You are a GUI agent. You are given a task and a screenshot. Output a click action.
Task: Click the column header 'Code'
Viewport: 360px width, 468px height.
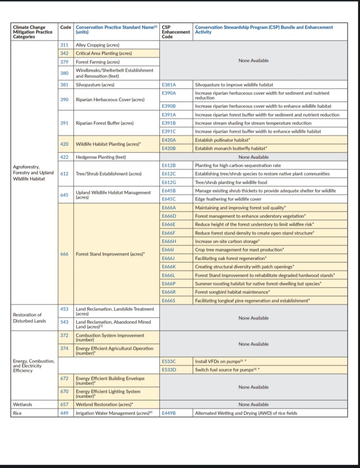(65, 27)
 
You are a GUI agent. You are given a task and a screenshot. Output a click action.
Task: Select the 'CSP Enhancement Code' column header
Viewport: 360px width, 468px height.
(175, 32)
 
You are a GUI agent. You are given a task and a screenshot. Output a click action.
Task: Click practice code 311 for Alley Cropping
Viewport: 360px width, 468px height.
(64, 45)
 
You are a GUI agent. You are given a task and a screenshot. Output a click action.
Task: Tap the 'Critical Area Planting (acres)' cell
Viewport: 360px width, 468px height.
(104, 53)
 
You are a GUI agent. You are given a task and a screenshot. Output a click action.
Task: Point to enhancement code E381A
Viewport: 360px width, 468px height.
(169, 85)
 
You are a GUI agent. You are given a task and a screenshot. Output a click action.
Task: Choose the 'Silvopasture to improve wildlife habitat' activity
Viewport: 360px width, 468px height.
(234, 85)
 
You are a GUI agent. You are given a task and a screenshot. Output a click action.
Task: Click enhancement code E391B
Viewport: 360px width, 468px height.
(169, 123)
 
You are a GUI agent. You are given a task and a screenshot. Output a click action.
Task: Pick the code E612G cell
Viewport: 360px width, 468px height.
(169, 182)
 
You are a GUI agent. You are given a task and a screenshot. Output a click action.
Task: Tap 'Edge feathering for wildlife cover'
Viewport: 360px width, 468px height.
(228, 199)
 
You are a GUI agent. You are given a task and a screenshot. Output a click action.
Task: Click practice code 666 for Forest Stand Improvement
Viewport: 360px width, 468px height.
(64, 254)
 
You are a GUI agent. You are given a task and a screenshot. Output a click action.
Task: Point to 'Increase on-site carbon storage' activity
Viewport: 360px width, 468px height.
(227, 241)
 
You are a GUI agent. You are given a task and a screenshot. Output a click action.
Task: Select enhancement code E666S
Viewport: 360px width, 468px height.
(169, 301)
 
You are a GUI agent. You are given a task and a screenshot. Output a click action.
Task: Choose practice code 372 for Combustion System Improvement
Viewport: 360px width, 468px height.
(64, 335)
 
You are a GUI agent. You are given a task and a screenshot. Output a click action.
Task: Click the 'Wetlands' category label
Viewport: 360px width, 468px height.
(22, 404)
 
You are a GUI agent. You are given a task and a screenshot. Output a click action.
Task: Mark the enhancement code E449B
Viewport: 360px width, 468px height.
(169, 413)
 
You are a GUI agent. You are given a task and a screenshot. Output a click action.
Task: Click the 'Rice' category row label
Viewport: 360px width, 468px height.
(17, 413)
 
